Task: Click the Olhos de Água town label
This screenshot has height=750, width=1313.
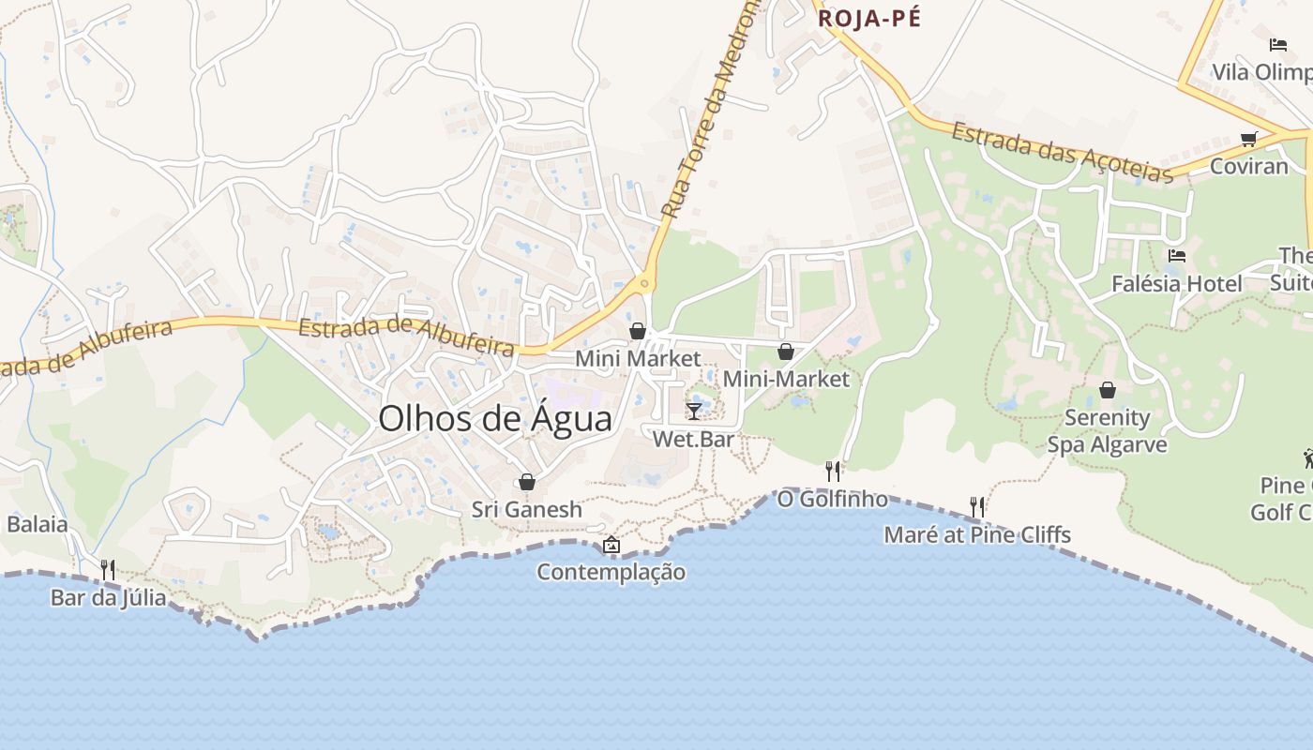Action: [495, 419]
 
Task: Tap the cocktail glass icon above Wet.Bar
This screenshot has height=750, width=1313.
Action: [693, 411]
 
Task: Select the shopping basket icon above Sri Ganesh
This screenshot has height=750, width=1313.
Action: [527, 482]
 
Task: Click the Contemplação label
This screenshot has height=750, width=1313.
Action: [611, 572]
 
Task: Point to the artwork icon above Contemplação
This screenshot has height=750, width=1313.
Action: [611, 545]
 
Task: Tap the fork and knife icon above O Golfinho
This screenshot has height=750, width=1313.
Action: [832, 471]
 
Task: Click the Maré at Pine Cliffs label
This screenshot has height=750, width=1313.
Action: [977, 535]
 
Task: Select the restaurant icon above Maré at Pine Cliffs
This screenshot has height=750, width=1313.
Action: [977, 507]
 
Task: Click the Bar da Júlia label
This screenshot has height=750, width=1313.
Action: [108, 598]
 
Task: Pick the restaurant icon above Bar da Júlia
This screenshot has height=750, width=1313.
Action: [108, 570]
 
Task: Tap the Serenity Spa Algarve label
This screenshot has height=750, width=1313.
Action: [1107, 431]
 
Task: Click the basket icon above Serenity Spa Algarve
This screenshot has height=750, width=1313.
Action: [1108, 390]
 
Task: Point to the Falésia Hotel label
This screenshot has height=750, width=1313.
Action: [1176, 283]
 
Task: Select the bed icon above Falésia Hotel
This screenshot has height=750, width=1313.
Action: [1177, 255]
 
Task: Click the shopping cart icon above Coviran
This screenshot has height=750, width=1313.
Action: [1248, 139]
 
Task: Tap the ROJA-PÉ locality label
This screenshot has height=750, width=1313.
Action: [869, 18]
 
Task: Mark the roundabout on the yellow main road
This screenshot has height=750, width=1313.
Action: [644, 282]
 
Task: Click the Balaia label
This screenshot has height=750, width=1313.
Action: [38, 524]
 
